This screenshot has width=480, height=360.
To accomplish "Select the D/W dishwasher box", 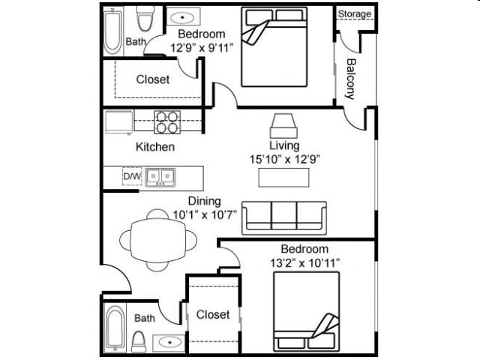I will pos(131,177).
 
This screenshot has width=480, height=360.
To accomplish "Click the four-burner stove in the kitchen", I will pos(167,121).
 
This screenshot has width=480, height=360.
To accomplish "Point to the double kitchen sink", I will pos(160,177).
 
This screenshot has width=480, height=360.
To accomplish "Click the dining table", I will pos(158,240).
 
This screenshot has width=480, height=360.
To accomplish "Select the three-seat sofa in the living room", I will pos(283,217).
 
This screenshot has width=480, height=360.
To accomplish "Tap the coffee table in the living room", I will pos(283,178).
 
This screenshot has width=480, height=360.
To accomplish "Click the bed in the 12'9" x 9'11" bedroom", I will pos(274,46).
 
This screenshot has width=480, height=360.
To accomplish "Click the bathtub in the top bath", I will pos(113,31).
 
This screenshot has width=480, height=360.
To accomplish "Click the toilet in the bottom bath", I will pos(139,340).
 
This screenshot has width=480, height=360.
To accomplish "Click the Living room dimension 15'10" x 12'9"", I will pos(284,159).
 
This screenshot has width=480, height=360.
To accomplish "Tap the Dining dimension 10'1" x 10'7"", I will pos(204,214).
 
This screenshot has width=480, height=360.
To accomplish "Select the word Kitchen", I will pos(155,147).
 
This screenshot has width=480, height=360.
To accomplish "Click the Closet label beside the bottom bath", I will pos(213,314).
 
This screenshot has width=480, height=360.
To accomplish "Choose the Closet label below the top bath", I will pos(153,79).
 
